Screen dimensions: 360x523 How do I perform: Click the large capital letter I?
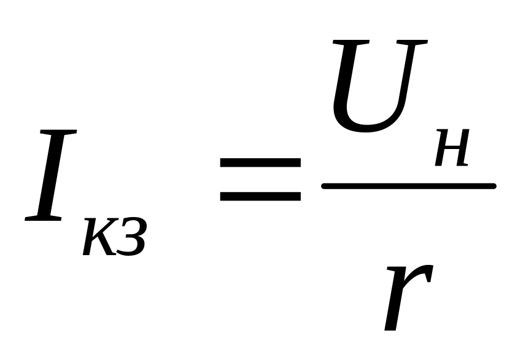click(x=52, y=175)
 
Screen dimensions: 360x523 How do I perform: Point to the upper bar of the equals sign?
click(x=260, y=163)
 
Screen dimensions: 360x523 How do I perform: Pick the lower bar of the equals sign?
click(x=260, y=197)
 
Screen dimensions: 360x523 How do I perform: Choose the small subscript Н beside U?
click(x=452, y=149)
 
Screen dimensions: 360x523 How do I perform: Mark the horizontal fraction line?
click(x=408, y=186)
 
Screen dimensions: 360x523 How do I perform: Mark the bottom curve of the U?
click(x=365, y=127)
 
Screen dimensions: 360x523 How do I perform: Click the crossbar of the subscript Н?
click(x=452, y=149)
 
